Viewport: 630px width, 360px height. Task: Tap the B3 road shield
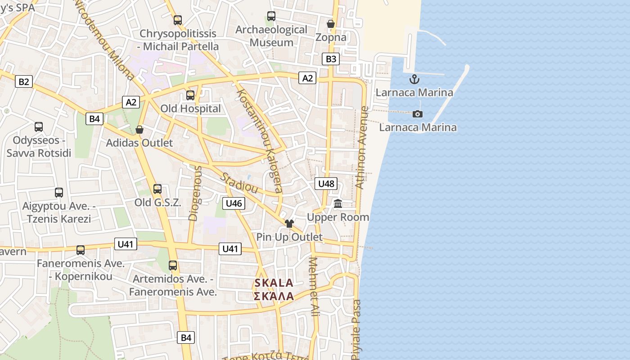tap(331, 58)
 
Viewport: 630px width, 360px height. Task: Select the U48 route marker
tap(326, 183)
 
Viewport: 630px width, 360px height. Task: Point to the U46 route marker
tap(234, 203)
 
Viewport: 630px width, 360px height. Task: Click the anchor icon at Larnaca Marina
tap(414, 80)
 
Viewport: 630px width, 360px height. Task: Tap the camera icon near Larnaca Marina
tap(418, 114)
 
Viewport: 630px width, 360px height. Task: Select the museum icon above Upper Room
tap(338, 204)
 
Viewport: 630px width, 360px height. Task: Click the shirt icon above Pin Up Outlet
tap(289, 223)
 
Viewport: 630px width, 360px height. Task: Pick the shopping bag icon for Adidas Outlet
tap(139, 130)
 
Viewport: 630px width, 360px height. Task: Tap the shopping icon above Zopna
tap(331, 24)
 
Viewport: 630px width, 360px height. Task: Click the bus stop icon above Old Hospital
tap(190, 95)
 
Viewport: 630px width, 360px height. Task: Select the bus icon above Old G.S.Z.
tap(157, 189)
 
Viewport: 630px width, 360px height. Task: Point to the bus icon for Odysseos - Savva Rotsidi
tap(39, 127)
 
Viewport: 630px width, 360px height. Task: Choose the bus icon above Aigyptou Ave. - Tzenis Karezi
tap(59, 193)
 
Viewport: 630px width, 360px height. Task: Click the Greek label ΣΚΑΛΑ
tap(274, 296)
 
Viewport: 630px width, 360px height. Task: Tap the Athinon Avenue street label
tap(362, 147)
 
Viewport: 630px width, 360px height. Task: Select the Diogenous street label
tap(195, 193)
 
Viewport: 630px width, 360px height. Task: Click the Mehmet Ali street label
tap(314, 286)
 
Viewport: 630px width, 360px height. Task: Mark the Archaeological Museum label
tap(271, 36)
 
